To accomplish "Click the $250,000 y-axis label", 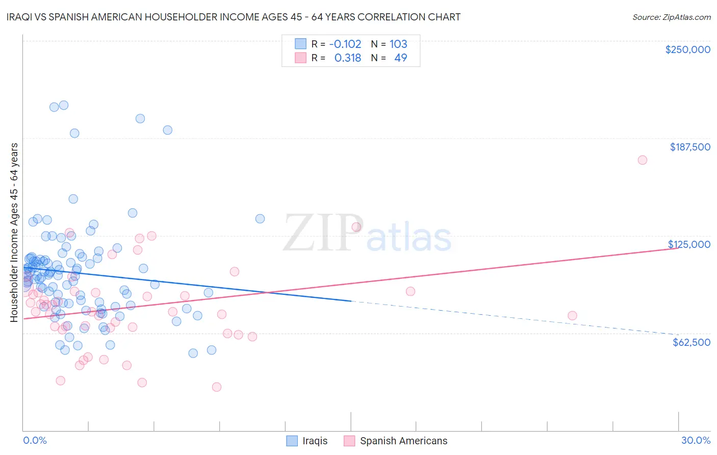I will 687,49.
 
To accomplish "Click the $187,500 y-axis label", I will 689,147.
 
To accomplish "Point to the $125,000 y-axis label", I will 689,244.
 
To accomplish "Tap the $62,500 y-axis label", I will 691,342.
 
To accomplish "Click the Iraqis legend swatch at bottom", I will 292,441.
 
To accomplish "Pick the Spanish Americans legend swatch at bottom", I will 349,441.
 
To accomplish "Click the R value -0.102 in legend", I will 345,44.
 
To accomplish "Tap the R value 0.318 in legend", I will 347,58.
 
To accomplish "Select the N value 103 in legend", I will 398,44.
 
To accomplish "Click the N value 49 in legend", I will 400,58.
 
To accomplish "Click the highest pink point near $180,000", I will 642,160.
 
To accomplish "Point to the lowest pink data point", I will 217,387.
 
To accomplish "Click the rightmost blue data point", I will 260,219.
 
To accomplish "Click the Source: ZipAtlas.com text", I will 671,17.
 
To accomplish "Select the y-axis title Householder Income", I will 14,232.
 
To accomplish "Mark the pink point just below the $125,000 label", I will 572,316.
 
